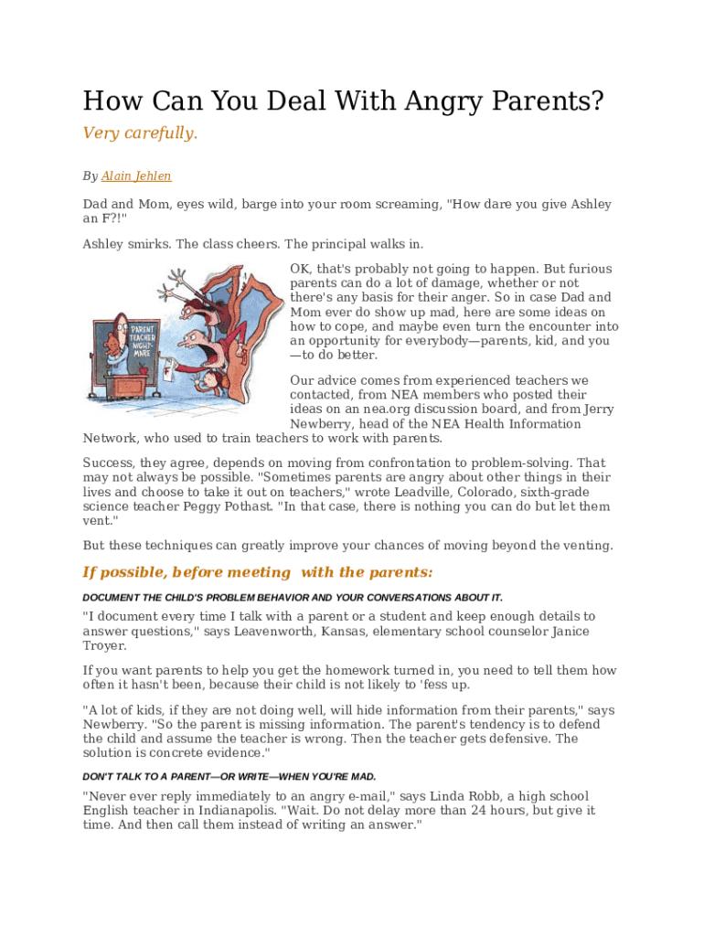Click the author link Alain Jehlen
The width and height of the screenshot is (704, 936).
136,176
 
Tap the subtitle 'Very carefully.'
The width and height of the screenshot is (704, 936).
140,133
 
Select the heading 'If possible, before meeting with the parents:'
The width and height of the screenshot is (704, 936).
257,572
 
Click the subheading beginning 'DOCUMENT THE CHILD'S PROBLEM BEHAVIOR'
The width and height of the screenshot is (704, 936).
292,597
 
